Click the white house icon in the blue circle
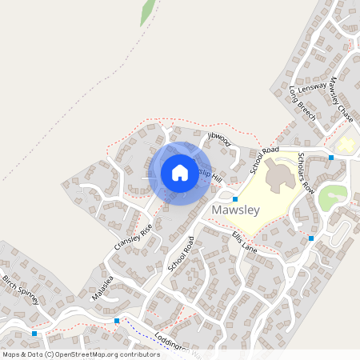tap(180, 172)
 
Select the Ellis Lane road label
tap(244, 242)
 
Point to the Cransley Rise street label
tap(133, 237)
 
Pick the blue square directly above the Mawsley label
tap(235, 198)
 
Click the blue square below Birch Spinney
tap(34, 332)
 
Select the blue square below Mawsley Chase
tap(331, 158)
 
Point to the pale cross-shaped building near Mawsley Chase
tap(346, 145)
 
